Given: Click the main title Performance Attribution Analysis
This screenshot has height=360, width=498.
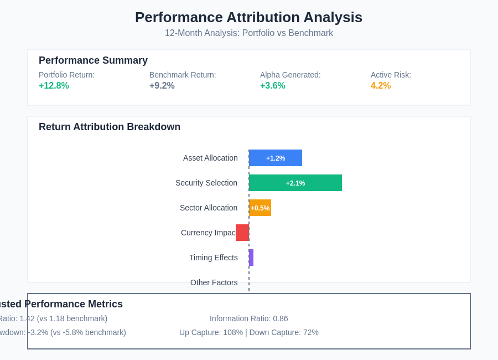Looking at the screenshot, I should [248, 17].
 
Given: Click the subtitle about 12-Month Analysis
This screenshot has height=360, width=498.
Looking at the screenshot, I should [248, 33].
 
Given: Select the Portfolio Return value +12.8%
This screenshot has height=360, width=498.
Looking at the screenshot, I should [54, 86].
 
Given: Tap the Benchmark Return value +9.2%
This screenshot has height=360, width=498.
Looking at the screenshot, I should [162, 86].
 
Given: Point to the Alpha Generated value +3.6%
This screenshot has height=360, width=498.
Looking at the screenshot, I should [272, 86].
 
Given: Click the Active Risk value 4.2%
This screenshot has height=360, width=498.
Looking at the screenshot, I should [381, 86].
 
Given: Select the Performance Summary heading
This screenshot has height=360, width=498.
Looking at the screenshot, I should [93, 60].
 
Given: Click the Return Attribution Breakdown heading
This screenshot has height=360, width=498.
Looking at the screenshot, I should [110, 127].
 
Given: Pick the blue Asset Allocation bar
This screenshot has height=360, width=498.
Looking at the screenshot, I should [276, 158].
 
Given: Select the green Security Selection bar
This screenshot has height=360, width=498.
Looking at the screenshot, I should [295, 183].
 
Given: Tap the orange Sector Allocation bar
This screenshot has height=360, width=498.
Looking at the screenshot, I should [260, 208].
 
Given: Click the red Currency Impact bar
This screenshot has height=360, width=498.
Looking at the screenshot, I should [242, 233].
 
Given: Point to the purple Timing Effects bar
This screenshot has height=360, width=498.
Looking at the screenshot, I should [251, 258].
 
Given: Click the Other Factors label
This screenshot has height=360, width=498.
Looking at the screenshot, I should [214, 282].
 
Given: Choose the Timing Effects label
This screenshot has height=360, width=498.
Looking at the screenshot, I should [213, 258].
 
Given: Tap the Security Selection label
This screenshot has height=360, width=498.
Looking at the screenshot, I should [206, 183].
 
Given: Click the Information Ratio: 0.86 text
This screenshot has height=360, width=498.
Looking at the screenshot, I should [248, 318].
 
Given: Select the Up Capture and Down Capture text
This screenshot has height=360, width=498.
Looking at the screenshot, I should [248, 332].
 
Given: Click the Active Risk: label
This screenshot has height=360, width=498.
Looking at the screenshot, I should [391, 75].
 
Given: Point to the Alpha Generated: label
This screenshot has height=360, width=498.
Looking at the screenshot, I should [290, 75].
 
